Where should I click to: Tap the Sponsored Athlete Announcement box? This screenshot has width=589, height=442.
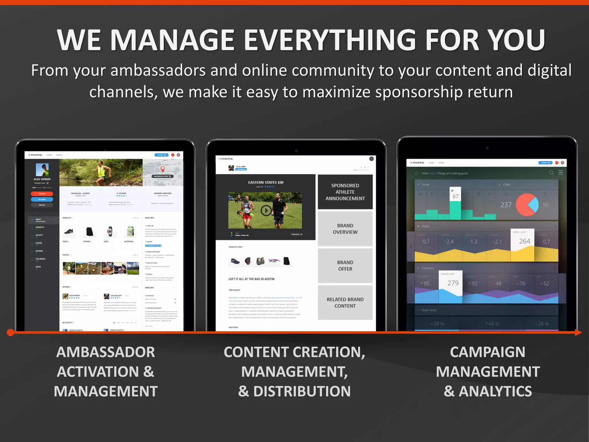[x=345, y=192]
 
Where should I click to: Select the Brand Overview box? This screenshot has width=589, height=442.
[x=345, y=229]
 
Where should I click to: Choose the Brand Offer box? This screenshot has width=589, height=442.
[x=345, y=266]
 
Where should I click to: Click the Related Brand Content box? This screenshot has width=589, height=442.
[x=345, y=302]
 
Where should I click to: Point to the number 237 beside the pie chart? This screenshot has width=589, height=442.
[x=506, y=205]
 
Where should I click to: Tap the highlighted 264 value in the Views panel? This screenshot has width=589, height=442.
[x=524, y=241]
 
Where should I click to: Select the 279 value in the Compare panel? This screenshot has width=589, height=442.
[x=453, y=283]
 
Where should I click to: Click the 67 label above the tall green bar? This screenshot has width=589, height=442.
[x=455, y=197]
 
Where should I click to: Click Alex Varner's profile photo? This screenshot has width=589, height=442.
[x=42, y=170]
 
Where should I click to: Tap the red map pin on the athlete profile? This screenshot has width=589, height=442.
[x=162, y=169]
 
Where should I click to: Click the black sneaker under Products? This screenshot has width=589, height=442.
[x=69, y=231]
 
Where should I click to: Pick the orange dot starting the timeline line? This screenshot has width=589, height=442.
[x=10, y=333]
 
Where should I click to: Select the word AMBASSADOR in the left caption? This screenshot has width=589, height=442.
[x=106, y=352]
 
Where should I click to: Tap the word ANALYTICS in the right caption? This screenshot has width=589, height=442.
[x=495, y=391]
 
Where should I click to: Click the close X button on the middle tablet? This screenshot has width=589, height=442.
[x=371, y=159]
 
